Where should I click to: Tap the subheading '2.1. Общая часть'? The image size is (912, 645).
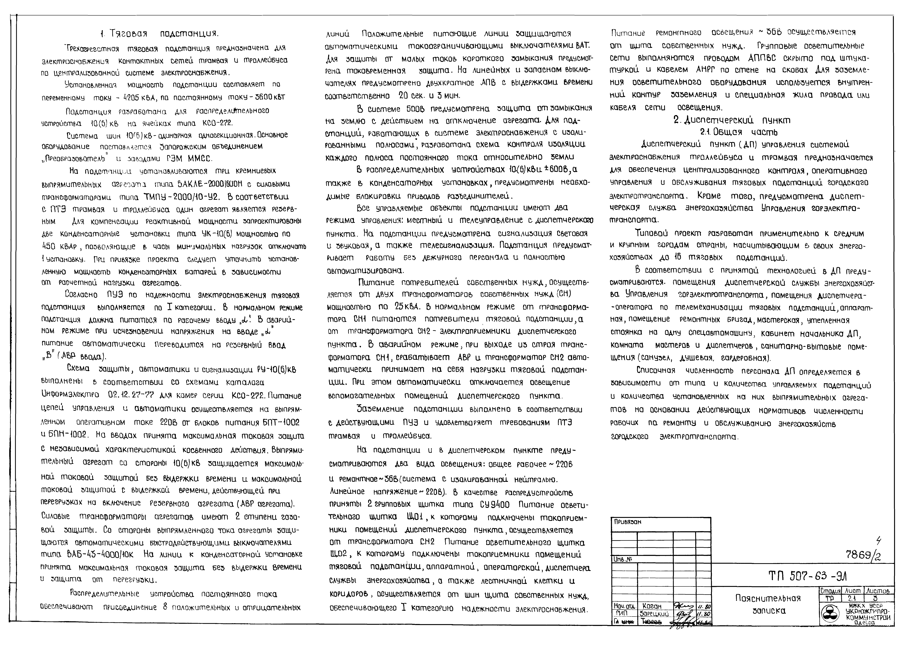pos(738,132)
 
